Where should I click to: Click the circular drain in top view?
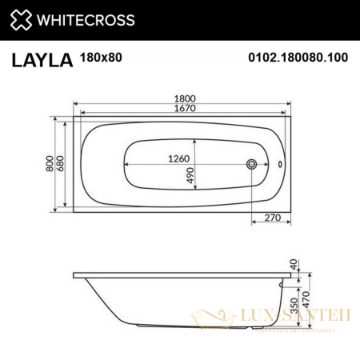(x=253, y=164)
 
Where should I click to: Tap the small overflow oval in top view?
(x=279, y=164)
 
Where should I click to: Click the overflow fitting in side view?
(x=281, y=282)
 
